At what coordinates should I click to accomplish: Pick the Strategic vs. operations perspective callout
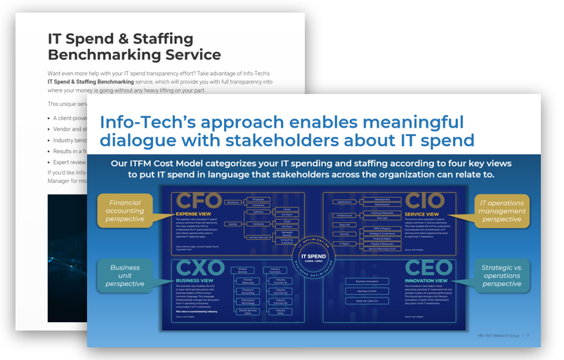click(x=502, y=276)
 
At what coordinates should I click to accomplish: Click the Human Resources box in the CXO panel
click(x=248, y=281)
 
